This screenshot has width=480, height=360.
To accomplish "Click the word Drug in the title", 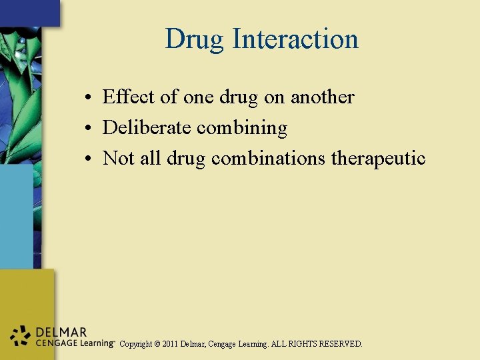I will click(x=195, y=39).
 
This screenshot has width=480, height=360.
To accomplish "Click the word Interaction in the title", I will click(x=295, y=39).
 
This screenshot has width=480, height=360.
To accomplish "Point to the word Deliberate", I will click(x=147, y=128).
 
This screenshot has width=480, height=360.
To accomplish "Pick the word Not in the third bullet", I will click(x=119, y=159).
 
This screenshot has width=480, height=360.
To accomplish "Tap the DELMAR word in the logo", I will click(x=62, y=332).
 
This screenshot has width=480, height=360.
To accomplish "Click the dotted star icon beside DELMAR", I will click(x=21, y=336).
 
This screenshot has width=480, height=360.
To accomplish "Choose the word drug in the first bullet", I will click(x=238, y=97).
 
